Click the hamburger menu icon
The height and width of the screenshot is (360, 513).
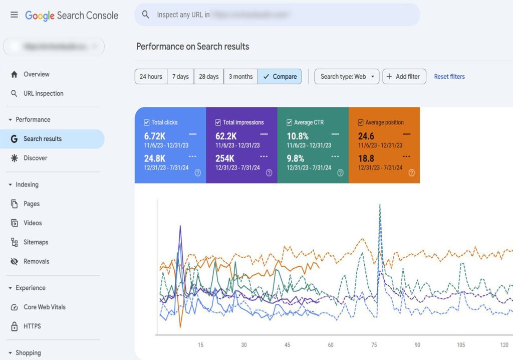tap(14, 15)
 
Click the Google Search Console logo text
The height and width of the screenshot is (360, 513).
tap(72, 16)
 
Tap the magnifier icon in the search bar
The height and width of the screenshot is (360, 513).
tap(146, 15)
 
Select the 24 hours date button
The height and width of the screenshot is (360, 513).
tap(151, 77)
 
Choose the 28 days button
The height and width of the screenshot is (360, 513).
tap(208, 77)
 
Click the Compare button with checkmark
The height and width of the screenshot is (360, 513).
tap(280, 77)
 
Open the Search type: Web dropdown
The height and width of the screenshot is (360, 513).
tap(347, 77)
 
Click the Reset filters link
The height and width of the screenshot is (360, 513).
tap(449, 77)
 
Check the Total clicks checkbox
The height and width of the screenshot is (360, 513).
tap(147, 122)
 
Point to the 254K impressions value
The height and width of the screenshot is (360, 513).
tap(225, 159)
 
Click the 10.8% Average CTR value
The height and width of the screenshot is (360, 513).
tap(298, 136)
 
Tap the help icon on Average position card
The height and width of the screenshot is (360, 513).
tap(412, 173)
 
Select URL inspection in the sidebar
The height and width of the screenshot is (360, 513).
tap(43, 94)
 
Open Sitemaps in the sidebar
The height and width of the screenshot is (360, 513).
tap(36, 242)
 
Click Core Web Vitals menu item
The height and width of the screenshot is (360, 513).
tap(44, 307)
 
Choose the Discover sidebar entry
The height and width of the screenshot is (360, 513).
tap(35, 158)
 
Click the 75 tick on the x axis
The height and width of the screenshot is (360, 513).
tap(374, 345)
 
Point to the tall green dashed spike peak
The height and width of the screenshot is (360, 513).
tap(380, 205)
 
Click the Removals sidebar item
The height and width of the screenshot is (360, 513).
tap(36, 261)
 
